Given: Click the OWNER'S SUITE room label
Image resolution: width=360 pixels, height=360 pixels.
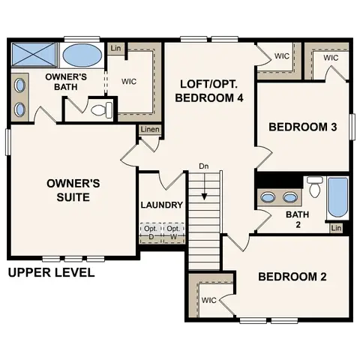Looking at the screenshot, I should point(68,190).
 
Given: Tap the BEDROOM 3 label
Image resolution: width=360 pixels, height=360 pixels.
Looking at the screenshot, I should point(303,127).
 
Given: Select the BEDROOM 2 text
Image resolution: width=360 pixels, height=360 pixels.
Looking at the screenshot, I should point(292,277).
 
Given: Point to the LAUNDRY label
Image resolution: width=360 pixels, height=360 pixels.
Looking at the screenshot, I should point(161,205).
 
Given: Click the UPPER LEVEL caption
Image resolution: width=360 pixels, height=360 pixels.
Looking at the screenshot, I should point(51,272).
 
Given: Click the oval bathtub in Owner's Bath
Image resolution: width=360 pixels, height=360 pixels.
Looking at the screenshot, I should point(82,55).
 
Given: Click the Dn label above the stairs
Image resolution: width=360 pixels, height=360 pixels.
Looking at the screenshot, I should point(204,166).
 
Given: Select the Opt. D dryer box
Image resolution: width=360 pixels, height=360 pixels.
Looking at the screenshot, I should point(150,232).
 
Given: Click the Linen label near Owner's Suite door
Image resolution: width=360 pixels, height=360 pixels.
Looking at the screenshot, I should point(149,130).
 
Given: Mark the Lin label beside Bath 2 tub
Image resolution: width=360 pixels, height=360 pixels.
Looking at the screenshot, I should point(336,228).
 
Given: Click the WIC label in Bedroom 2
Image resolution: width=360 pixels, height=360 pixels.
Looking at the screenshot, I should point(208,299).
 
